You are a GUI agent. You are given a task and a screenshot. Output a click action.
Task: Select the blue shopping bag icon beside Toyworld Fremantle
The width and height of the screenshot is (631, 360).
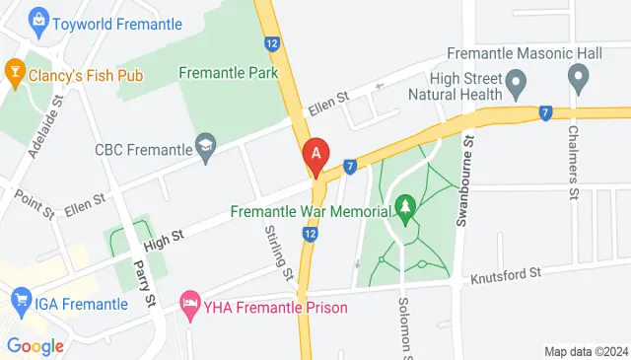[x=38, y=18]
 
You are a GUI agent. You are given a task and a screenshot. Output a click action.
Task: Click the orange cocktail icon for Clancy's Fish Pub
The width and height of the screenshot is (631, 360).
[x=15, y=70]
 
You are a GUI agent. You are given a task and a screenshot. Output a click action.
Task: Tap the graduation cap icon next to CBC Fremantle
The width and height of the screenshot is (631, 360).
[x=205, y=149]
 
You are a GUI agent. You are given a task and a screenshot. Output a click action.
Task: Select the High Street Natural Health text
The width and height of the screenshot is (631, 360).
[x=468, y=86]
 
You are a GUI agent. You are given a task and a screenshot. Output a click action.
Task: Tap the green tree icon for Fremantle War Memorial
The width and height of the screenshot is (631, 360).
[x=403, y=207]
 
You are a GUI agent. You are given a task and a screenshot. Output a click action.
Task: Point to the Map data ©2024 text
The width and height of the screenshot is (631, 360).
[x=586, y=351]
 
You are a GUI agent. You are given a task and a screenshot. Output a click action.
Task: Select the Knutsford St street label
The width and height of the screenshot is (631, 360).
[x=505, y=273]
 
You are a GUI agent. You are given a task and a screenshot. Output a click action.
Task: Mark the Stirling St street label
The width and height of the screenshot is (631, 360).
[x=280, y=253]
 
